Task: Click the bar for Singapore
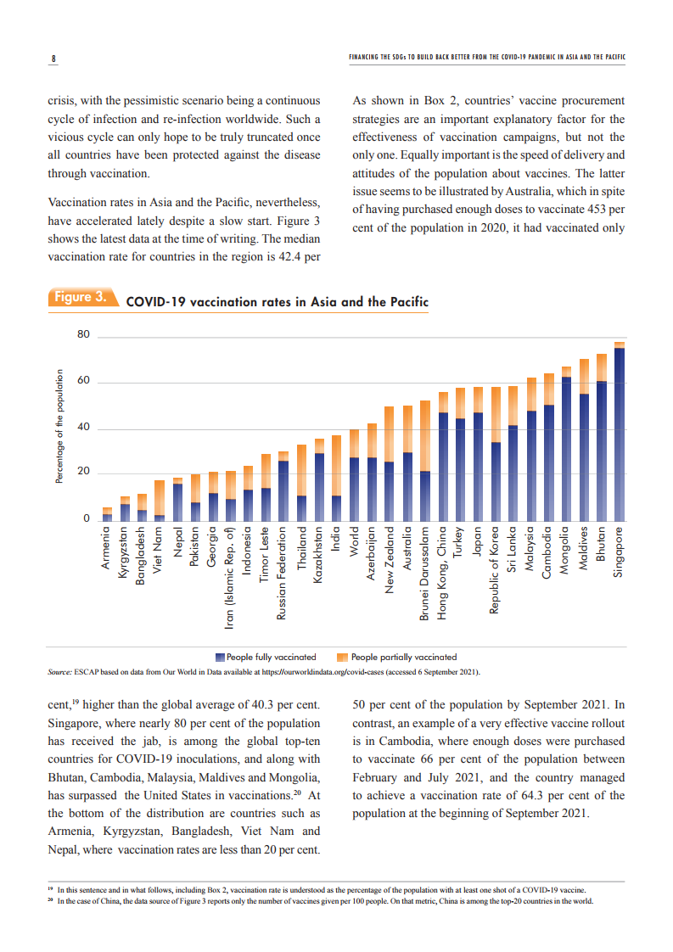pyautogui.click(x=620, y=433)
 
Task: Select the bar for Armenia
pyautogui.click(x=107, y=514)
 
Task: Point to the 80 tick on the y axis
pyautogui.click(x=83, y=335)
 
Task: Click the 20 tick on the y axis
pyautogui.click(x=83, y=473)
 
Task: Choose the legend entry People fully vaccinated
pyautogui.click(x=266, y=657)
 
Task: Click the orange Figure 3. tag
pyautogui.click(x=81, y=297)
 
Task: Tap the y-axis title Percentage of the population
pyautogui.click(x=59, y=426)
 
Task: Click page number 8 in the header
pyautogui.click(x=53, y=59)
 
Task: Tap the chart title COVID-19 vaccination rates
pyautogui.click(x=277, y=302)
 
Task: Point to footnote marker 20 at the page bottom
pyautogui.click(x=51, y=901)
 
